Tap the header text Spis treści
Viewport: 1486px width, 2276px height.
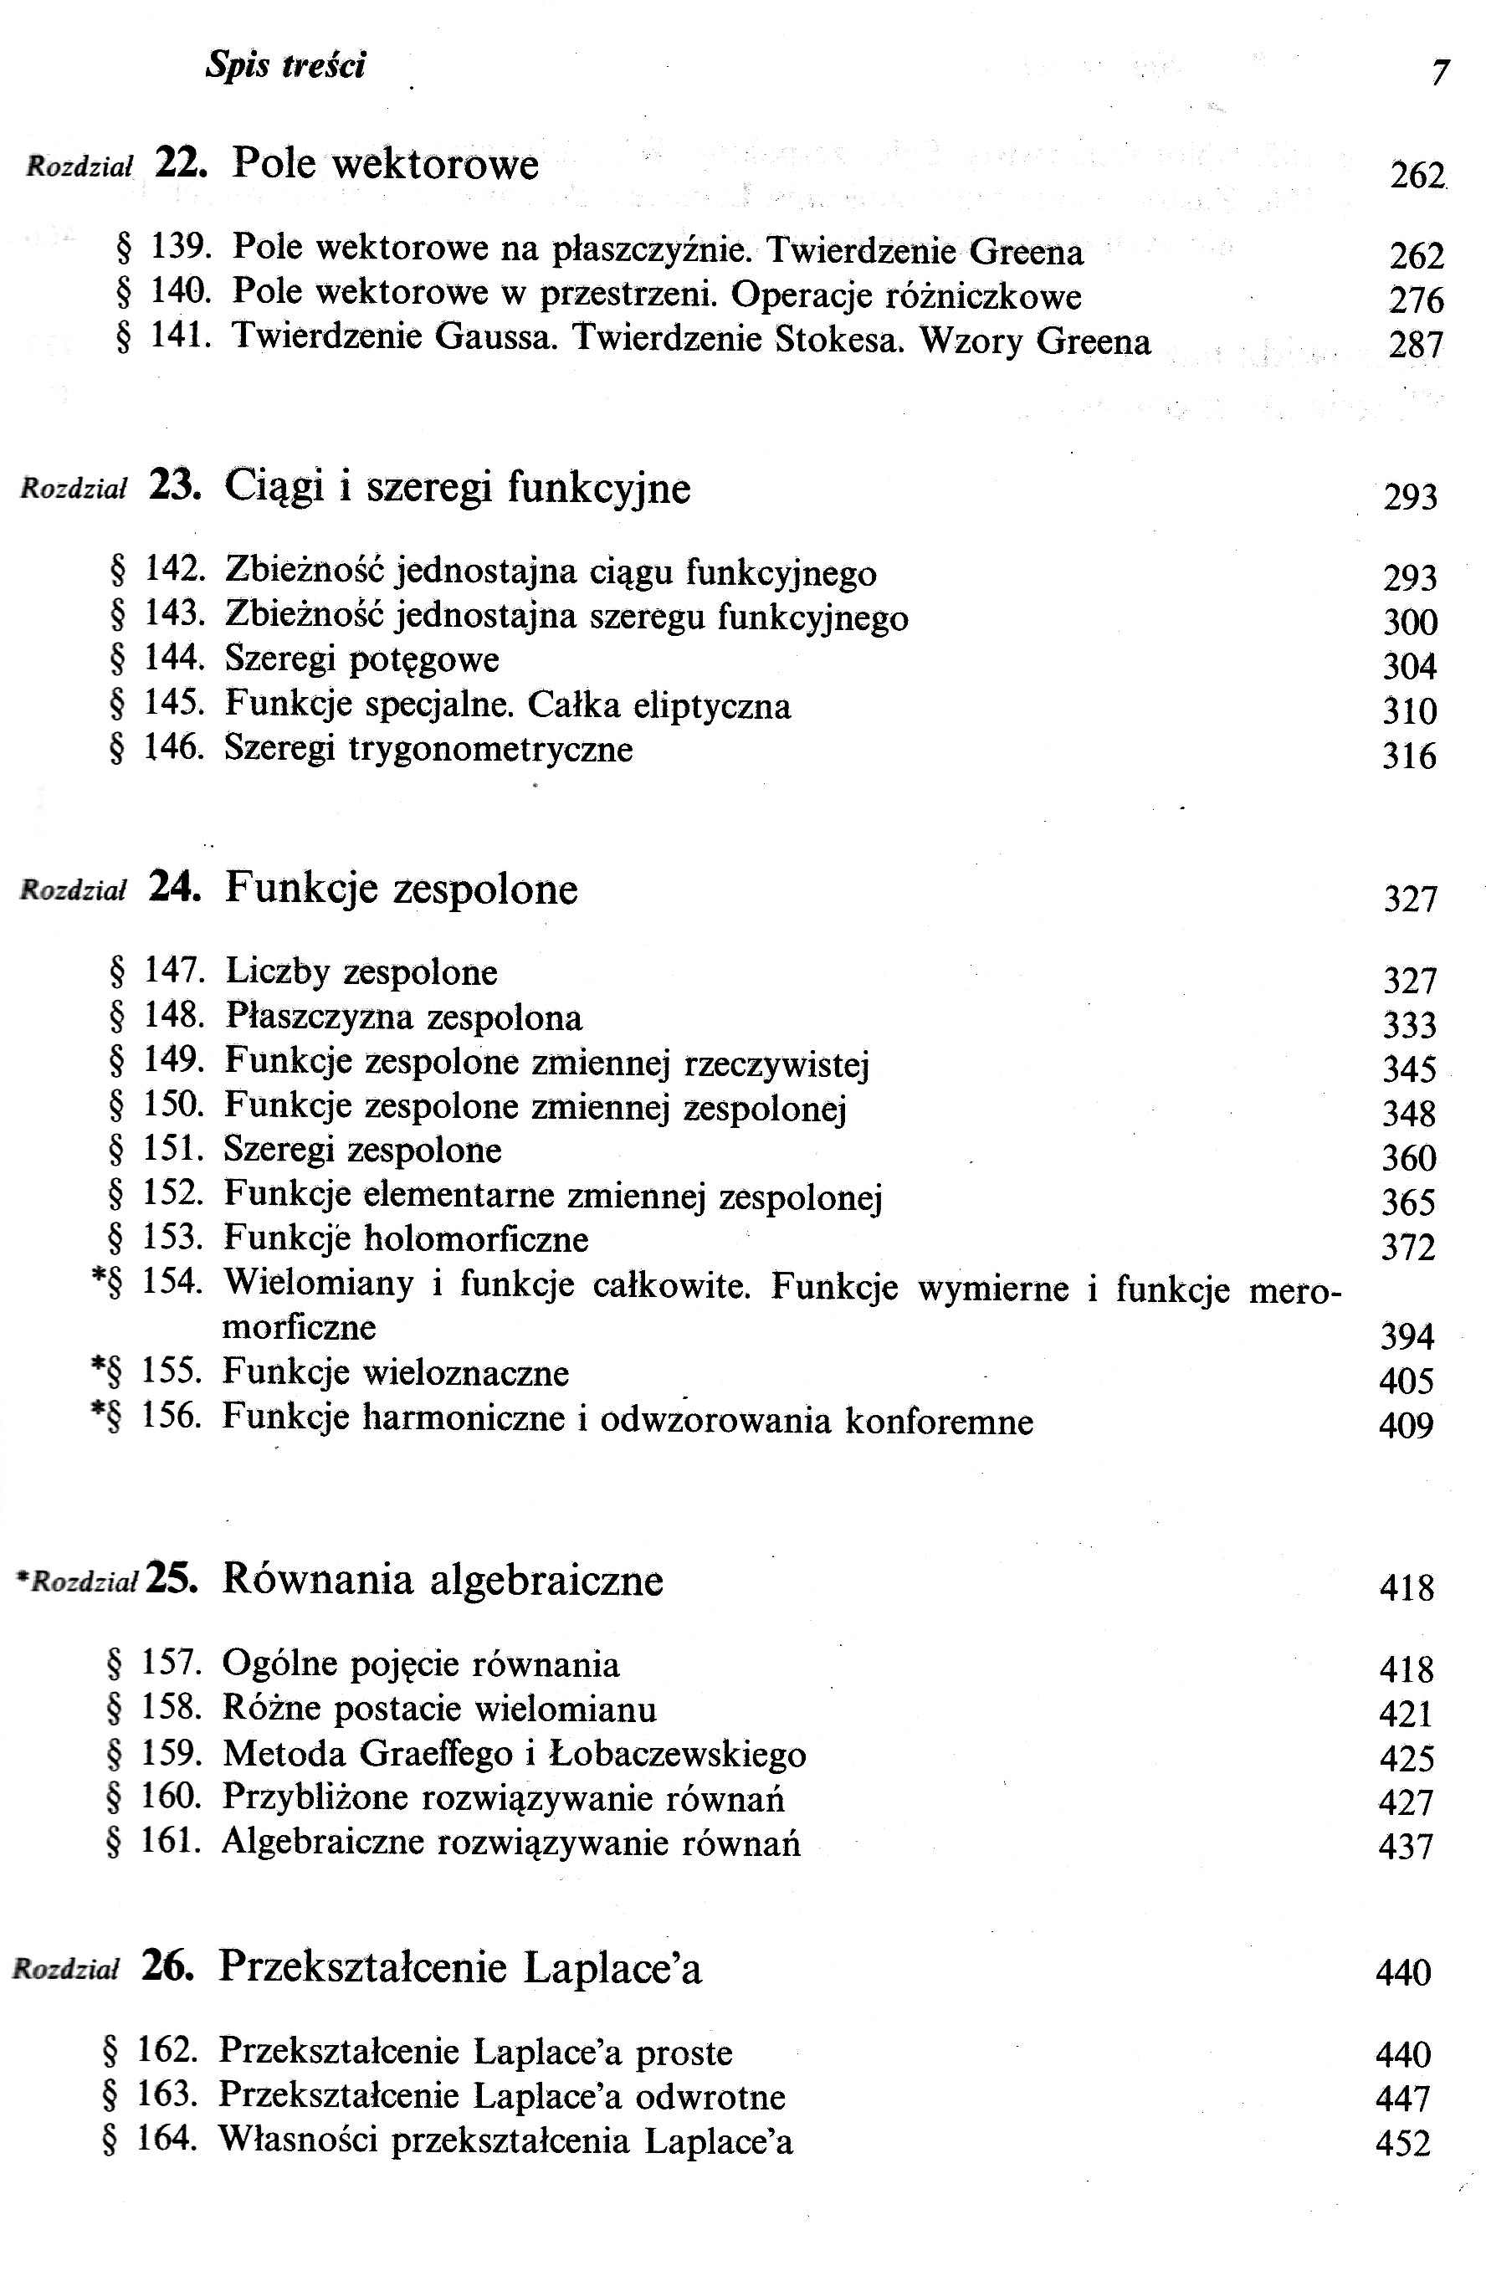click(x=285, y=65)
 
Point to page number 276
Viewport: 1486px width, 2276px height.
click(x=1415, y=300)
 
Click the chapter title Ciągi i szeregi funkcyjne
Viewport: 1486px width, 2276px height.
click(x=457, y=488)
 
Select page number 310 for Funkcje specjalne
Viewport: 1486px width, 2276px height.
click(x=1410, y=710)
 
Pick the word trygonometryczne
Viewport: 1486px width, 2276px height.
click(x=490, y=748)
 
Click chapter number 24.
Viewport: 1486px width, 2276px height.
click(x=175, y=888)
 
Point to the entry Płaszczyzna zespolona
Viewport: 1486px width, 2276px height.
click(x=403, y=1017)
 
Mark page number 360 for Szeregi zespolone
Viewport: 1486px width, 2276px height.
click(x=1408, y=1158)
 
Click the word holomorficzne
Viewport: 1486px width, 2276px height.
click(x=476, y=1239)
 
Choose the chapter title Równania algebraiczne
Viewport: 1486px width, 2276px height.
click(x=443, y=1579)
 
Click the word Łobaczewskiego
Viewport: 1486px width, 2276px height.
click(x=678, y=1755)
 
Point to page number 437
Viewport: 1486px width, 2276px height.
click(x=1406, y=1846)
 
